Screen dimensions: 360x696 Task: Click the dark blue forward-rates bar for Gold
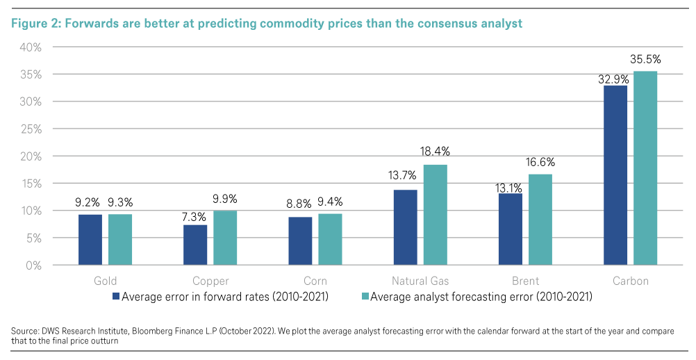[x=90, y=240]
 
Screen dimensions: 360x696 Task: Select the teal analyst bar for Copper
[x=225, y=238]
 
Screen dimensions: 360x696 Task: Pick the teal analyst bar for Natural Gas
[x=435, y=215]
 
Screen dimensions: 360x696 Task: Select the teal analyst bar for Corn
[x=330, y=239]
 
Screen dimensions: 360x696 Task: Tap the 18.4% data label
[x=435, y=152]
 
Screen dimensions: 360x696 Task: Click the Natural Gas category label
[x=420, y=281]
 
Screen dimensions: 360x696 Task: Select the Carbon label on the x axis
[x=630, y=281]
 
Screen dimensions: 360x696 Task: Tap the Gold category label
[x=105, y=281]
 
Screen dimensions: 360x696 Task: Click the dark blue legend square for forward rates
[x=116, y=297]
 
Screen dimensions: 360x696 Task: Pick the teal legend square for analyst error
[x=364, y=297]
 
